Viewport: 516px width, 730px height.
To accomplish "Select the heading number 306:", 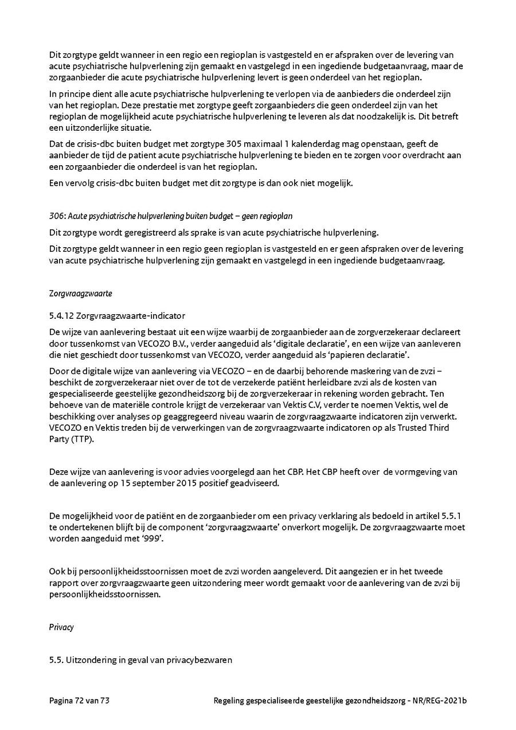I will tap(57, 216).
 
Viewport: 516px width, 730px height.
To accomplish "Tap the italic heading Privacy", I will tap(61, 627).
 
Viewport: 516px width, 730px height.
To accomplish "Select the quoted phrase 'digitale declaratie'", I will tap(329, 343).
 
